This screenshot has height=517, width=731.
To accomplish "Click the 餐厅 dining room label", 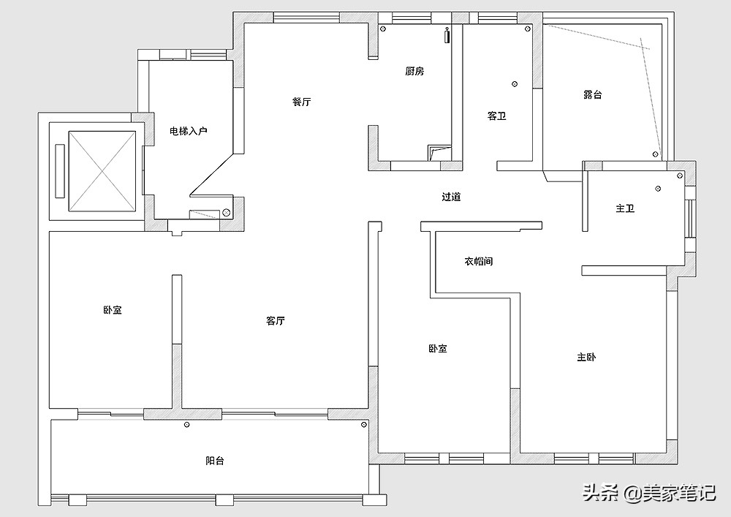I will [301, 102].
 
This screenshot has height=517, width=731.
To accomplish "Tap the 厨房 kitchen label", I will [414, 72].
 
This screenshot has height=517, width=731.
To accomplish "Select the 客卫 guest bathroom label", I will [497, 116].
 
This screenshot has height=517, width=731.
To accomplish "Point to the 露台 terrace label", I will [592, 95].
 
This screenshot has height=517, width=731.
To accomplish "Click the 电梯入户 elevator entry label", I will [189, 132].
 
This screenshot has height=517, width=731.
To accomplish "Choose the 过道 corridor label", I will [451, 197].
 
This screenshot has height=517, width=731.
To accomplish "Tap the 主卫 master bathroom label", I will [625, 209].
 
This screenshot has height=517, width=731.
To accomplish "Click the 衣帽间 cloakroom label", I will [478, 261].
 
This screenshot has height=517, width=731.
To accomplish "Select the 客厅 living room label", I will [276, 321].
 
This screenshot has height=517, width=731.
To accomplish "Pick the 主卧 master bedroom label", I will [586, 358].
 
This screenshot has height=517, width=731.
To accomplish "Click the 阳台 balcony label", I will [214, 461].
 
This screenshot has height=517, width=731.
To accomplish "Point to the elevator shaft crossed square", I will [102, 170].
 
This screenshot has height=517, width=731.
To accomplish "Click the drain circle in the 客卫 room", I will [515, 84].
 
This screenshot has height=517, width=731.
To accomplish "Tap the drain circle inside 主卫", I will [658, 188].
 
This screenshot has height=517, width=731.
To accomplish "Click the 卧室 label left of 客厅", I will [113, 310].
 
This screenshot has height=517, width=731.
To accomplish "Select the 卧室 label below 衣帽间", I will [437, 349].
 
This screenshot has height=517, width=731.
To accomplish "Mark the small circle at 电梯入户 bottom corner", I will [226, 213].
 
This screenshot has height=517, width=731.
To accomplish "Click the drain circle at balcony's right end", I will [363, 424].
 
